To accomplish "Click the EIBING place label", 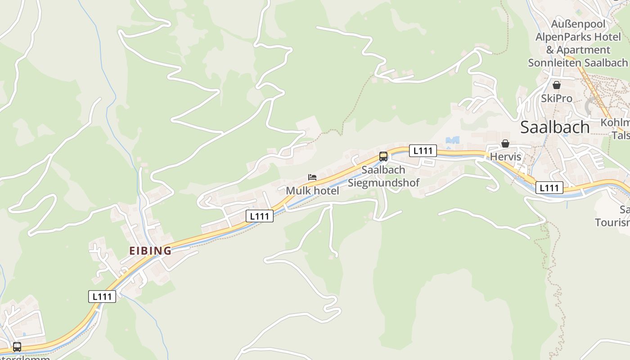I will click(150, 251).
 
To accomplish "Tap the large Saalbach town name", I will click(554, 127).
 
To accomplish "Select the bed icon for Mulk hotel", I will click(312, 177).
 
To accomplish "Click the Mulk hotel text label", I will click(312, 191).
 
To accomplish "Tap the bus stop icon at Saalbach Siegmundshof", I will click(383, 157).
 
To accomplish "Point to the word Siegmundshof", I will click(383, 183).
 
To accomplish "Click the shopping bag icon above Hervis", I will click(505, 144).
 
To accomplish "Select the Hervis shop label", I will click(505, 157).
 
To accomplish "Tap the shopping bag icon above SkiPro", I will click(557, 85).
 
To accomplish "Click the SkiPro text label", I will click(557, 99).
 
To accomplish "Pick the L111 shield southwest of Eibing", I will click(102, 297).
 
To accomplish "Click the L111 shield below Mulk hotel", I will click(260, 216).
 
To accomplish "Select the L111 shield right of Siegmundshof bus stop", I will click(423, 150).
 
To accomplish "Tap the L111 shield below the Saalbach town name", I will click(549, 188).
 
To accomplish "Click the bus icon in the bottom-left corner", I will click(17, 347).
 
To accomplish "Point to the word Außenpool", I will click(578, 23).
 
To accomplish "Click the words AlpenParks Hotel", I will click(578, 36).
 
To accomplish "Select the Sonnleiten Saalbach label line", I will click(578, 63).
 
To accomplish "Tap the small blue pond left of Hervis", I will click(453, 140).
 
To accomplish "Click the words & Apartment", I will click(578, 49).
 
